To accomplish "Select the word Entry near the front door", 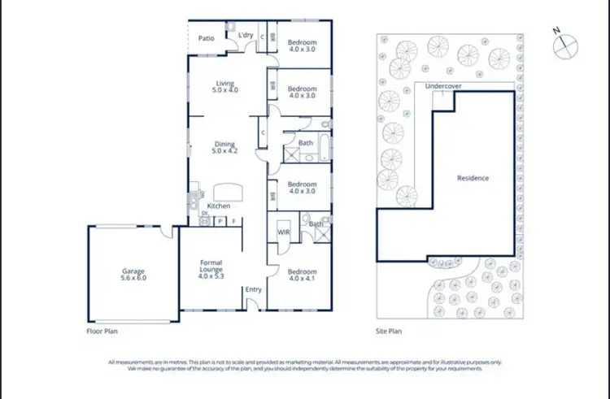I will (254, 289).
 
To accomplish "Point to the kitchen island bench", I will (227, 192).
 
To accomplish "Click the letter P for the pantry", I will (220, 220).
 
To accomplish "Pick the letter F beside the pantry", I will (234, 220).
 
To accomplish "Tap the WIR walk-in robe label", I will (284, 232).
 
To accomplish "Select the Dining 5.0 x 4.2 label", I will (224, 148).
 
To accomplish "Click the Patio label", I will (207, 37).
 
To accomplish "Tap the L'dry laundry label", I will (246, 34).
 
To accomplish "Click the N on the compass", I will (556, 31).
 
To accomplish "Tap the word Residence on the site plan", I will (473, 178).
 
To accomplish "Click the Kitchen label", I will (218, 206).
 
